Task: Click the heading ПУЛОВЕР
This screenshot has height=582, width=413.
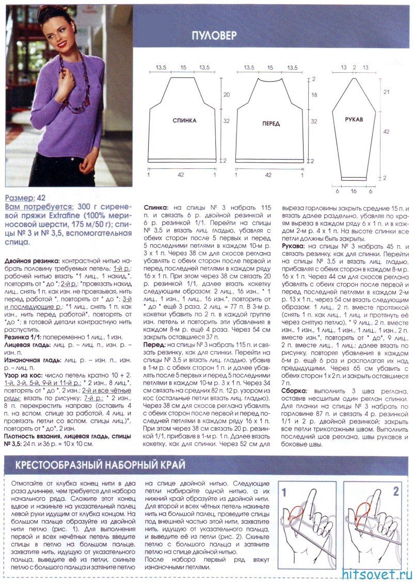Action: coord(214,36)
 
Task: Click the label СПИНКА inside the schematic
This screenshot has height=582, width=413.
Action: coord(185,120)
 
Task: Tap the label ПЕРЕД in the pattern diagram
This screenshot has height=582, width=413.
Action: coord(271,124)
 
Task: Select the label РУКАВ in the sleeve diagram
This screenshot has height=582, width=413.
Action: coord(355,119)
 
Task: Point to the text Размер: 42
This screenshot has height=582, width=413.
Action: coord(25,198)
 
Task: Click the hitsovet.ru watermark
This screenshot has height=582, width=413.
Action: coord(377,573)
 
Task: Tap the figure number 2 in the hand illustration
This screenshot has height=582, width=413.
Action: coord(396,492)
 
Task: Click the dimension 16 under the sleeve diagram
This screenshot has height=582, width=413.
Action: coord(354,191)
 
